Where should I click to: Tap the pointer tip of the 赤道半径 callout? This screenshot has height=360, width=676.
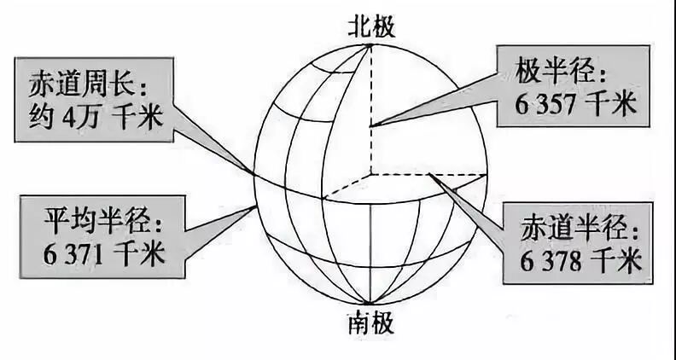pos(432,177)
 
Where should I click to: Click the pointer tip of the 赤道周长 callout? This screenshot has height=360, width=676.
pos(253,174)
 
